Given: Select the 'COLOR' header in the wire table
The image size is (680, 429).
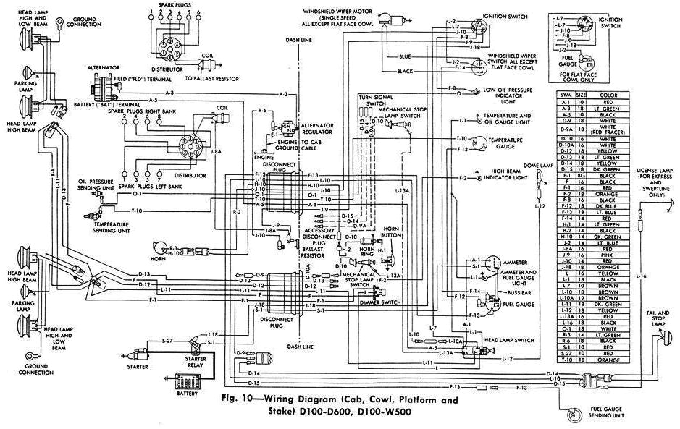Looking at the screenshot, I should pyautogui.click(x=607, y=95).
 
